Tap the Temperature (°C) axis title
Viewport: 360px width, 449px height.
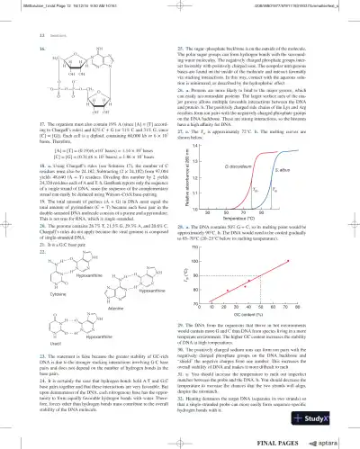[277, 245]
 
